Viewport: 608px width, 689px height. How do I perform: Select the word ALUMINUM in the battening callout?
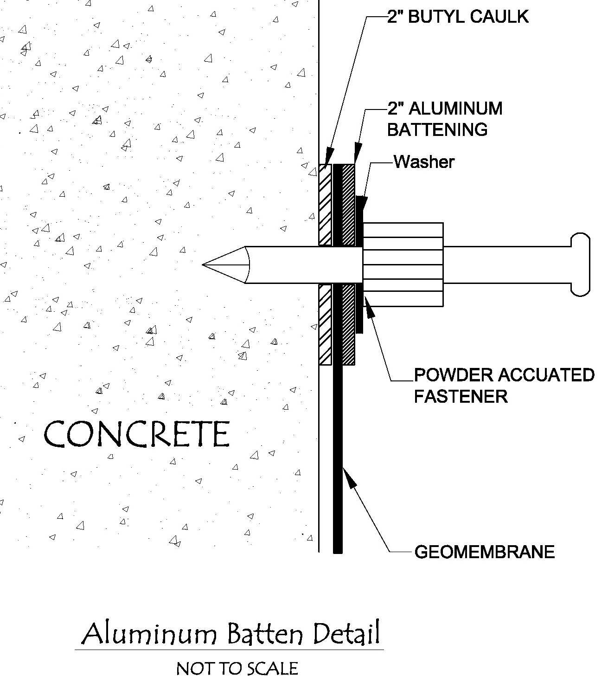(456, 109)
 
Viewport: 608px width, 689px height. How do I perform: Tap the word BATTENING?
(437, 129)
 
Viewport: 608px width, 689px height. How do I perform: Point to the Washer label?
(424, 162)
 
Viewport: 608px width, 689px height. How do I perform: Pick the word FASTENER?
(461, 396)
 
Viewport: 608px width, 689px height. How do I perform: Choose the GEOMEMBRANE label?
(484, 552)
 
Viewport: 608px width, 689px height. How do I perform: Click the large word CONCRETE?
(137, 434)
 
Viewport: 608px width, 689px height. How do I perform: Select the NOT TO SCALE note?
(237, 669)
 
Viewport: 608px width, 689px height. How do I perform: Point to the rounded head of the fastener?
(580, 264)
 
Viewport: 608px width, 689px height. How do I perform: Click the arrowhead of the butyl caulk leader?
(329, 156)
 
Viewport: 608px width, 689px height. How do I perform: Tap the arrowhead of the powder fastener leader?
(369, 308)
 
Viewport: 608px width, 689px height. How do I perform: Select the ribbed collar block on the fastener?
(403, 264)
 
